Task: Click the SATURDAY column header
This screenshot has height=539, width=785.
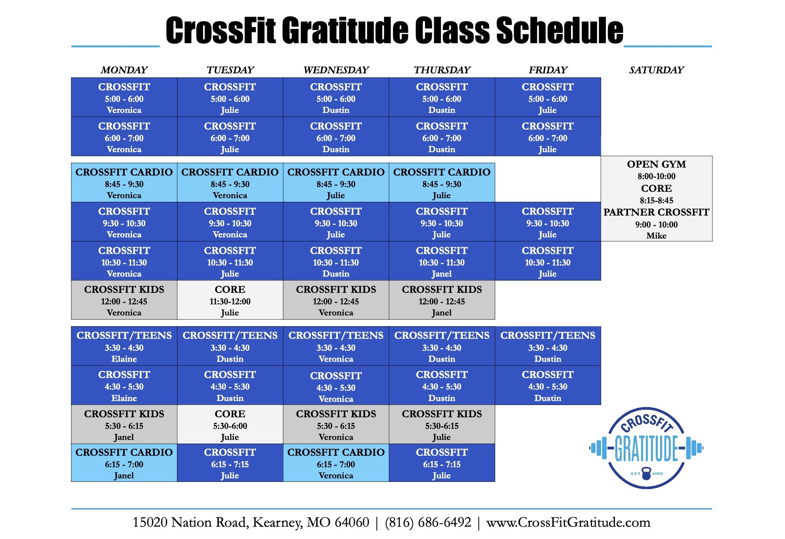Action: click(x=656, y=70)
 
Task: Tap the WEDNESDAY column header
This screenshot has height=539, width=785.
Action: click(x=336, y=70)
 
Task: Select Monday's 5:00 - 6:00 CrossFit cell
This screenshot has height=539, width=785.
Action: click(x=124, y=97)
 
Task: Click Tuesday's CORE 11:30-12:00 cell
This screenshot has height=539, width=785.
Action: click(x=230, y=300)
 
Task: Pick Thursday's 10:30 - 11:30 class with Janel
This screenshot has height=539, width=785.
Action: click(x=442, y=261)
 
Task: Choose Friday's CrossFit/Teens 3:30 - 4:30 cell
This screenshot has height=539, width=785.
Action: click(x=548, y=346)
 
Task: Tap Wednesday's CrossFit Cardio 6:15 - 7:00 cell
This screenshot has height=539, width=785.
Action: click(x=336, y=463)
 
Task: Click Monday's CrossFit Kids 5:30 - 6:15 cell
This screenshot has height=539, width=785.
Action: click(x=124, y=424)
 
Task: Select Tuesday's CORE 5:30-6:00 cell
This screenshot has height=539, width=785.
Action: click(x=230, y=424)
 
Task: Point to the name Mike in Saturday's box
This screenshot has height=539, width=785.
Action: click(x=656, y=236)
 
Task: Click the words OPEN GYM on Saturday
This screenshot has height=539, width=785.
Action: click(x=656, y=164)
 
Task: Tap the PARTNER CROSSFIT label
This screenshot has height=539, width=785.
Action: click(x=656, y=212)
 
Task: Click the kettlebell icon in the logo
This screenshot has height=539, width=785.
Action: click(x=646, y=473)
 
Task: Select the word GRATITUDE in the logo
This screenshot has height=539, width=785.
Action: click(x=646, y=448)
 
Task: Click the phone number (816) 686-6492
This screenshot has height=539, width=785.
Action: click(x=428, y=522)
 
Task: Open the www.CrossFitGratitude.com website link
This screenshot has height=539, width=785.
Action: click(x=568, y=522)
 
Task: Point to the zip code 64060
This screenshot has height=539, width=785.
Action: click(x=352, y=522)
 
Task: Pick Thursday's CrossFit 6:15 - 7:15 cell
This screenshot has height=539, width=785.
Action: click(x=442, y=463)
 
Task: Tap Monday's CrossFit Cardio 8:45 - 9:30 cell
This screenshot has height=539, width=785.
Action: click(x=124, y=183)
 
